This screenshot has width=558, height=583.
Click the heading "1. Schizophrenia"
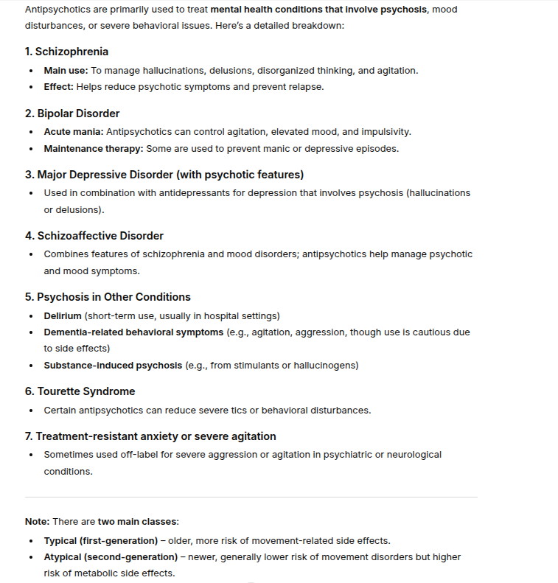66,52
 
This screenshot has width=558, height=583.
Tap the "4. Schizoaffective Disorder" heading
94,236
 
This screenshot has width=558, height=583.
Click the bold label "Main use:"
66,71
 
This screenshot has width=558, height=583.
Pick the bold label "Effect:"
59,86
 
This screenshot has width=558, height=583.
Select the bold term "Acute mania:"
74,132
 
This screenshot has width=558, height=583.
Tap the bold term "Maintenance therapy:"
94,148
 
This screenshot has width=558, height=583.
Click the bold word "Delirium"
63,316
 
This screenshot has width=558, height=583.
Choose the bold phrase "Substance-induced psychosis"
113,366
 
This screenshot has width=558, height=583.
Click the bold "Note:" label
37,522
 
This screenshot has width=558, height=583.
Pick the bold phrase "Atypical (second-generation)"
111,557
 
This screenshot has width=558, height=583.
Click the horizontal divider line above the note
251,497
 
